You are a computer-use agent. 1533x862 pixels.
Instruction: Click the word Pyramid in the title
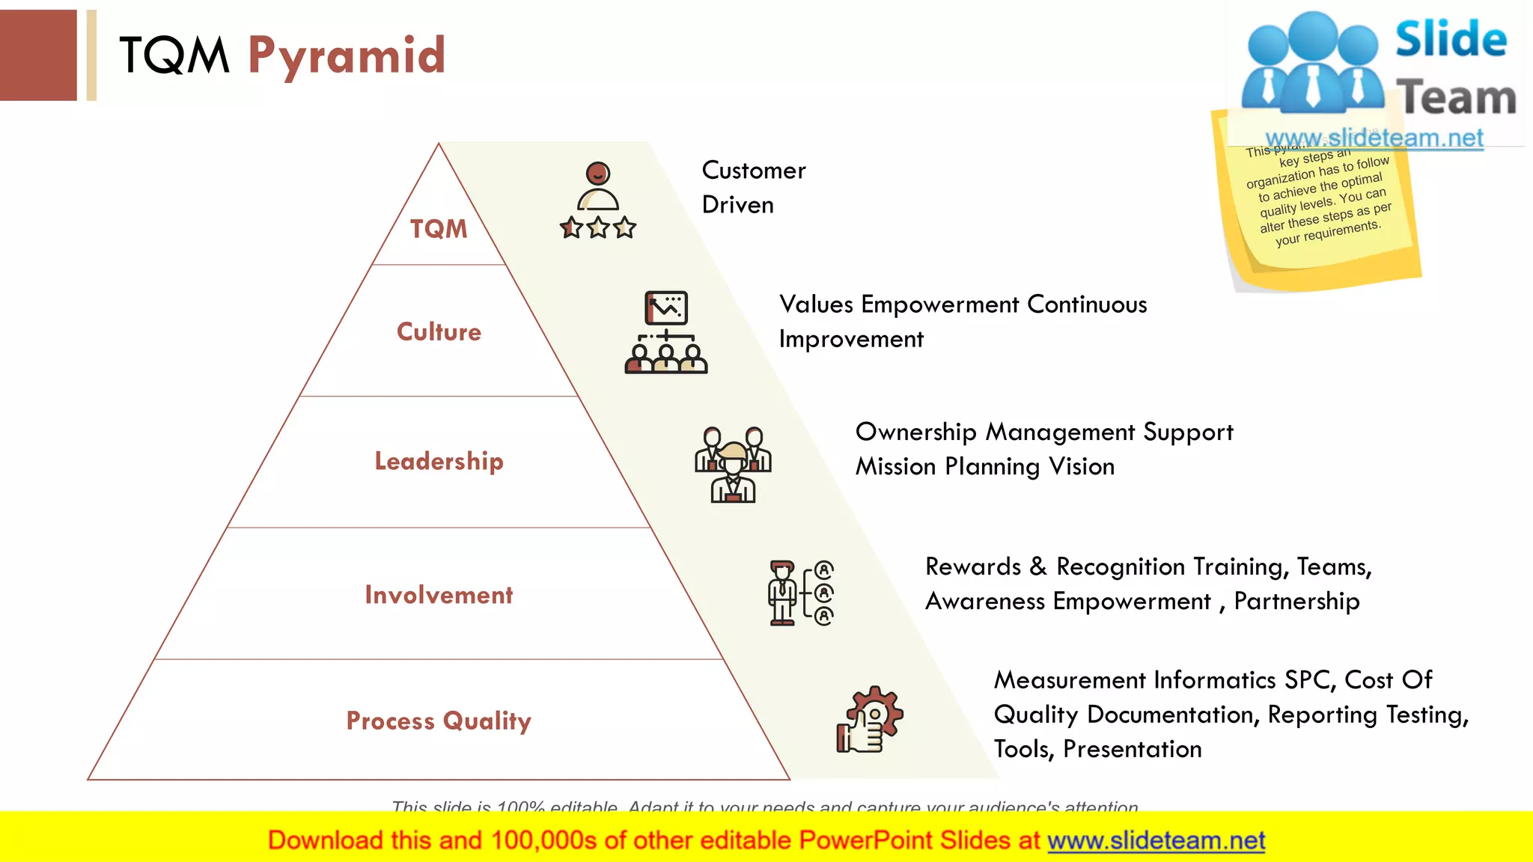point(347,56)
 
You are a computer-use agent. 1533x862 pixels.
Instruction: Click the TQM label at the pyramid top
point(439,229)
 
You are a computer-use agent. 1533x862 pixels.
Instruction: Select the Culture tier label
point(439,331)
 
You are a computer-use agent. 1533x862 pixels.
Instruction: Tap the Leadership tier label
point(439,461)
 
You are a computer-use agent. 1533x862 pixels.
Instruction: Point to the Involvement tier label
point(439,595)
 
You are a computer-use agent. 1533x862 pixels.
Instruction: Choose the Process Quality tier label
point(439,721)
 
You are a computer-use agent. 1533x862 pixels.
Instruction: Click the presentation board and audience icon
point(665,332)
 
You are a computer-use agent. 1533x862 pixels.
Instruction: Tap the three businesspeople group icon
point(733,464)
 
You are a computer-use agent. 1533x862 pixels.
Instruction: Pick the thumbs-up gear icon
point(870,719)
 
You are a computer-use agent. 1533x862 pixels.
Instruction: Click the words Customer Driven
point(753,187)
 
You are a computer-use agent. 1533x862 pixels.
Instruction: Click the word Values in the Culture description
point(816,305)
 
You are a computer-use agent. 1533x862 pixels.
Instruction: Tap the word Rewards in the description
point(972,566)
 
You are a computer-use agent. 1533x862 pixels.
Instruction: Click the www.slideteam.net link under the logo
point(1374,138)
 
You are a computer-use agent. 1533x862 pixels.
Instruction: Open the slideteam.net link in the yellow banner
point(1156,840)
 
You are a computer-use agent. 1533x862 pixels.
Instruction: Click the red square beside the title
point(38,55)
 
